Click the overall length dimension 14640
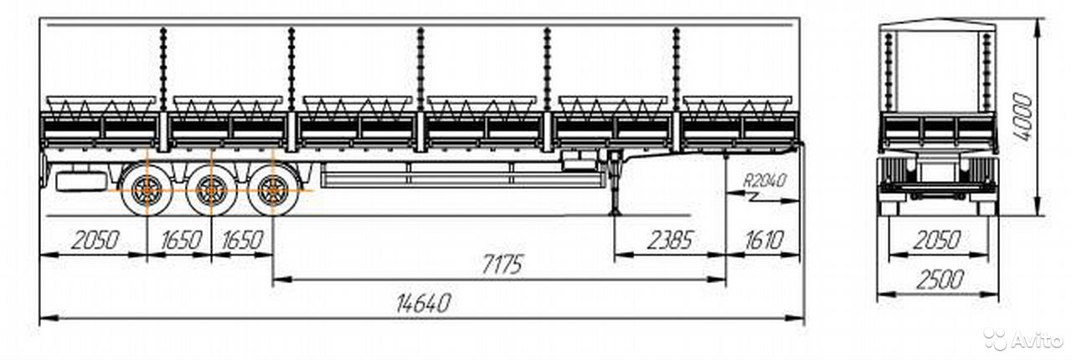click(x=424, y=302)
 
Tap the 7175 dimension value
click(x=502, y=265)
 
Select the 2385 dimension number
click(x=669, y=240)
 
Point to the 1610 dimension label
click(x=764, y=240)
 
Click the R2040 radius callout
click(x=765, y=181)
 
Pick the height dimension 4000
click(x=1023, y=118)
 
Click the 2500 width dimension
click(x=940, y=280)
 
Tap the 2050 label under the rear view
click(x=937, y=240)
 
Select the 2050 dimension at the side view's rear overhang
click(x=95, y=240)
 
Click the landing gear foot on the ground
click(x=614, y=212)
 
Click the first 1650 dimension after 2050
click(x=181, y=240)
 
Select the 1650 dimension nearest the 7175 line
click(x=243, y=240)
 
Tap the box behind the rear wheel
click(x=81, y=182)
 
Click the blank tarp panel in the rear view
click(x=936, y=72)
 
